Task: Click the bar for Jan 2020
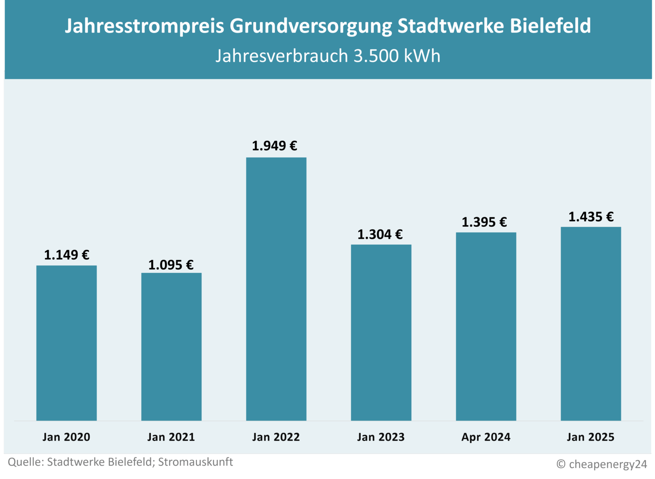(x=67, y=343)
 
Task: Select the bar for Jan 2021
(x=171, y=347)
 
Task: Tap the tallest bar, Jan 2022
(x=276, y=289)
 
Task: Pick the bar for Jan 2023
(x=381, y=332)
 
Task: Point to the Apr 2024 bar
(x=486, y=326)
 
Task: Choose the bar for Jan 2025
(x=591, y=323)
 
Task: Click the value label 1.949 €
(x=274, y=146)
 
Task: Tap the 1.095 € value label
(x=171, y=265)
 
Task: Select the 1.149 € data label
(x=67, y=255)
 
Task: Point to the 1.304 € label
(x=380, y=235)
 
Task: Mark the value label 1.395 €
(x=484, y=222)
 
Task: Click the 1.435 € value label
(x=591, y=217)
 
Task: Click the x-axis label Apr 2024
(x=485, y=437)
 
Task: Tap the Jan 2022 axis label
(x=276, y=437)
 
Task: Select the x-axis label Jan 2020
(x=66, y=437)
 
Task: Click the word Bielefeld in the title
(x=550, y=26)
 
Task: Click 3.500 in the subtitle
(x=376, y=56)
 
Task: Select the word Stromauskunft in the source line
(x=195, y=462)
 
